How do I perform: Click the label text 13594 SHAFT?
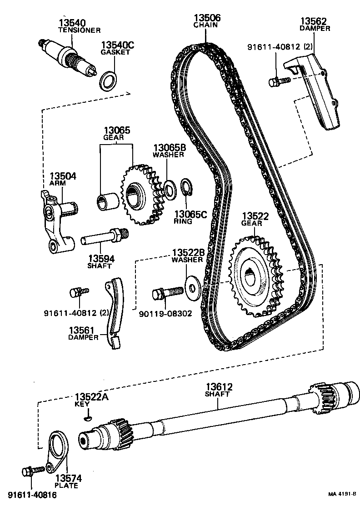(101, 262)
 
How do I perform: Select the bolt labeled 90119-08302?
(166, 293)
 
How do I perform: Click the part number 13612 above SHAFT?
(218, 387)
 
